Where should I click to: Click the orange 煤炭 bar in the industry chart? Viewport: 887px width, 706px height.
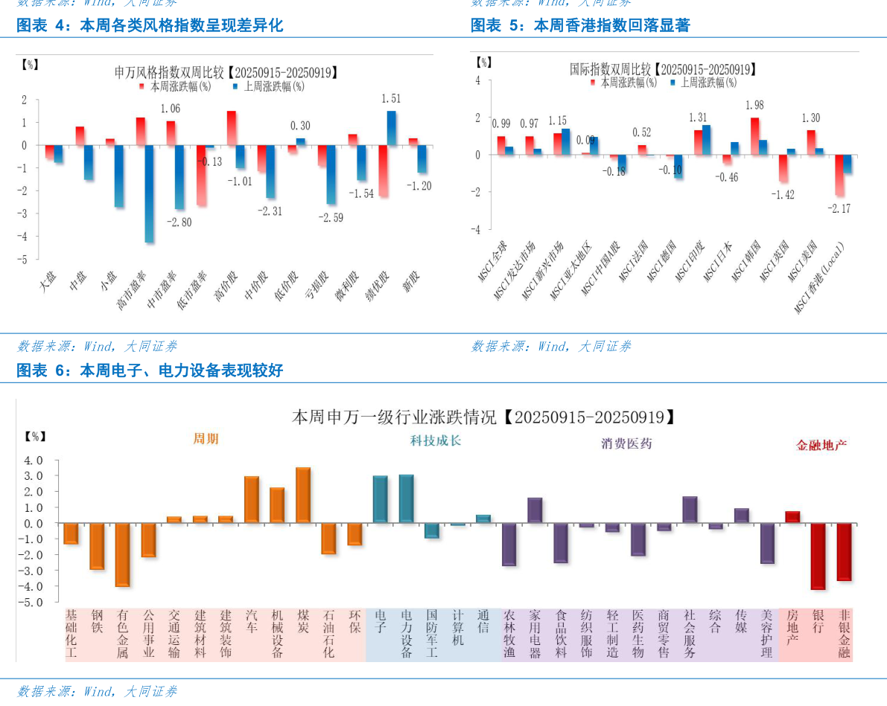pyautogui.click(x=303, y=495)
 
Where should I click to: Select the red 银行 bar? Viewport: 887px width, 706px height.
pyautogui.click(x=818, y=556)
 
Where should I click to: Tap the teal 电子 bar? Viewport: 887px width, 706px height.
pyautogui.click(x=380, y=499)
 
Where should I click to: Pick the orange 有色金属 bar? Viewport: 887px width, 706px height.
pyautogui.click(x=123, y=554)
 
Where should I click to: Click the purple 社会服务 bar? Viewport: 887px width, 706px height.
pyautogui.click(x=690, y=510)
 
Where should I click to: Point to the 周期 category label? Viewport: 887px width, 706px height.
pyautogui.click(x=206, y=439)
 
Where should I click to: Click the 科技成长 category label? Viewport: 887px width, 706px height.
pyautogui.click(x=436, y=440)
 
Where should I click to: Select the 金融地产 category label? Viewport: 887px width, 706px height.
pyautogui.click(x=821, y=445)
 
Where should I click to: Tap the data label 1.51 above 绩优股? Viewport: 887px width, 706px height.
pyautogui.click(x=391, y=98)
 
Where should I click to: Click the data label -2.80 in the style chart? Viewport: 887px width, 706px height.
pyautogui.click(x=179, y=222)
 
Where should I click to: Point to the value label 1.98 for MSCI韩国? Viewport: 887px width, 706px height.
pyautogui.click(x=754, y=106)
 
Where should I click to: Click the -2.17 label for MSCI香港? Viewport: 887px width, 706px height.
pyautogui.click(x=839, y=208)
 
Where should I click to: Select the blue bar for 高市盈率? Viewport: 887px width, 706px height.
pyautogui.click(x=149, y=193)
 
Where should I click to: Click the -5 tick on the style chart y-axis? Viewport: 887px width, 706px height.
pyautogui.click(x=25, y=260)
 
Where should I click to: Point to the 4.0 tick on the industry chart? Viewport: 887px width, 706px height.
pyautogui.click(x=34, y=460)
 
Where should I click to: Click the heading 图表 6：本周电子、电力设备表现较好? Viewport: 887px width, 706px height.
pyautogui.click(x=150, y=370)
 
